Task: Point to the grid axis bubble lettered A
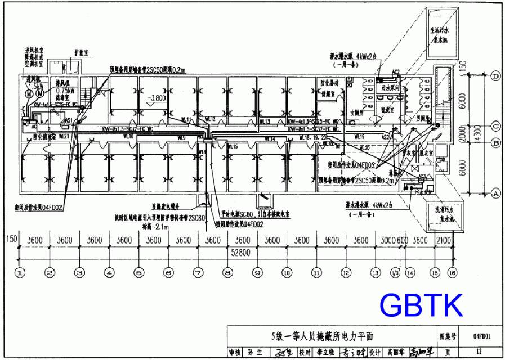496,193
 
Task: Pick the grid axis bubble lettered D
496,76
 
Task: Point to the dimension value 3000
388,240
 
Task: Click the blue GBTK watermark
421,305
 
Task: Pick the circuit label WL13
265,121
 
